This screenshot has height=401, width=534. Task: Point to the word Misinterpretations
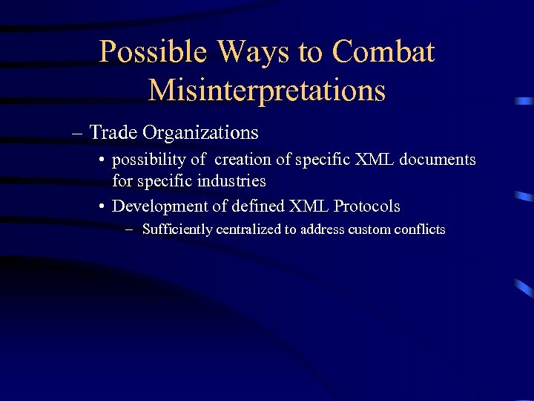tap(267, 91)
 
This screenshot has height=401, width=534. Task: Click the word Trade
tap(113, 133)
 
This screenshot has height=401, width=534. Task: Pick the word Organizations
tap(200, 133)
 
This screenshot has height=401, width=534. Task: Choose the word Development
tap(159, 206)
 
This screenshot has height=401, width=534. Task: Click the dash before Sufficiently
tap(131, 229)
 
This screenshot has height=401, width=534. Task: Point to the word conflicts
tap(421, 229)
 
